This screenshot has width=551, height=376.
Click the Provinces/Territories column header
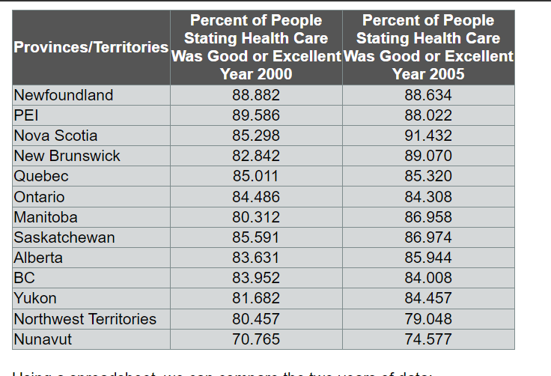coord(91,47)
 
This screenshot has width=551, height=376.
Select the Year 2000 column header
coord(256,47)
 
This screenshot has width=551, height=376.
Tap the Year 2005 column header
coord(428,47)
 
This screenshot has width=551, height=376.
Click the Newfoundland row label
coord(64,95)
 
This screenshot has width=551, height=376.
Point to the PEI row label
coord(27,115)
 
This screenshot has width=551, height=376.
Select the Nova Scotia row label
coord(56,136)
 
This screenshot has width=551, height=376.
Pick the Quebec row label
coord(41,176)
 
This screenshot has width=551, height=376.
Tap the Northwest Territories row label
coord(85,319)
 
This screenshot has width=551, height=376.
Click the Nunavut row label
coord(43,339)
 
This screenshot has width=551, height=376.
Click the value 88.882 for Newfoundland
coord(256,95)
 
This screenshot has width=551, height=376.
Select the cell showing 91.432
coord(428,136)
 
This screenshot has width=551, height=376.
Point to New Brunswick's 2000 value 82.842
coord(256,156)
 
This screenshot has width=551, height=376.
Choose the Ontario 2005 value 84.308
coord(428,197)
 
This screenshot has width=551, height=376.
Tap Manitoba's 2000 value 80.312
coord(256,217)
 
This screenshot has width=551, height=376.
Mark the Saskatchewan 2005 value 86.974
coord(428,237)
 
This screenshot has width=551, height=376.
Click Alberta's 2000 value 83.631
coord(256,258)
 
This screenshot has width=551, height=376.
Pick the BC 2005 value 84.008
coord(428,278)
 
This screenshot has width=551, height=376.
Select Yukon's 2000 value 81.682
coord(256,298)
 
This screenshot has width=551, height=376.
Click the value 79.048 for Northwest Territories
coord(428,319)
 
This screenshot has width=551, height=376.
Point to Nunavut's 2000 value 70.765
coord(256,339)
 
